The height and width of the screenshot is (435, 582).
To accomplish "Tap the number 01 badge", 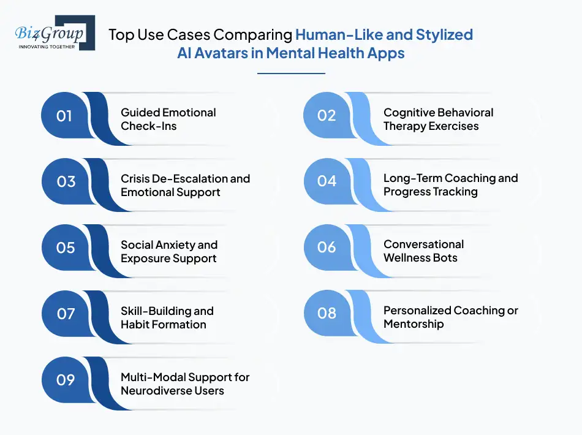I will coord(64,116).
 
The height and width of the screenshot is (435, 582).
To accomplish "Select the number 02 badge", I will coord(327,115).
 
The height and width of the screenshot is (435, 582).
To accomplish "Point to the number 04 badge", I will coord(327,181).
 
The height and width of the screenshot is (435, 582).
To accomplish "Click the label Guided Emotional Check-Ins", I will coord(168,119).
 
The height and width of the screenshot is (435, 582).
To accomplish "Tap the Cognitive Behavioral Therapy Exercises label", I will coord(438,119).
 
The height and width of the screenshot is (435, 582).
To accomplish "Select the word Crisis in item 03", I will coord(135,178).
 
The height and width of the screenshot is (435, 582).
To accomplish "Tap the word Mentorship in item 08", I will coord(414,324).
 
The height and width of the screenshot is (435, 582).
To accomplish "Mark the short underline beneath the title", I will coord(291,74).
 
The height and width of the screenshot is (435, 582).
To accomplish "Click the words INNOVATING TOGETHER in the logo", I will coord(47,47).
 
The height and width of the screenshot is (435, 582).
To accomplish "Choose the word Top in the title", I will coord(121,34).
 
